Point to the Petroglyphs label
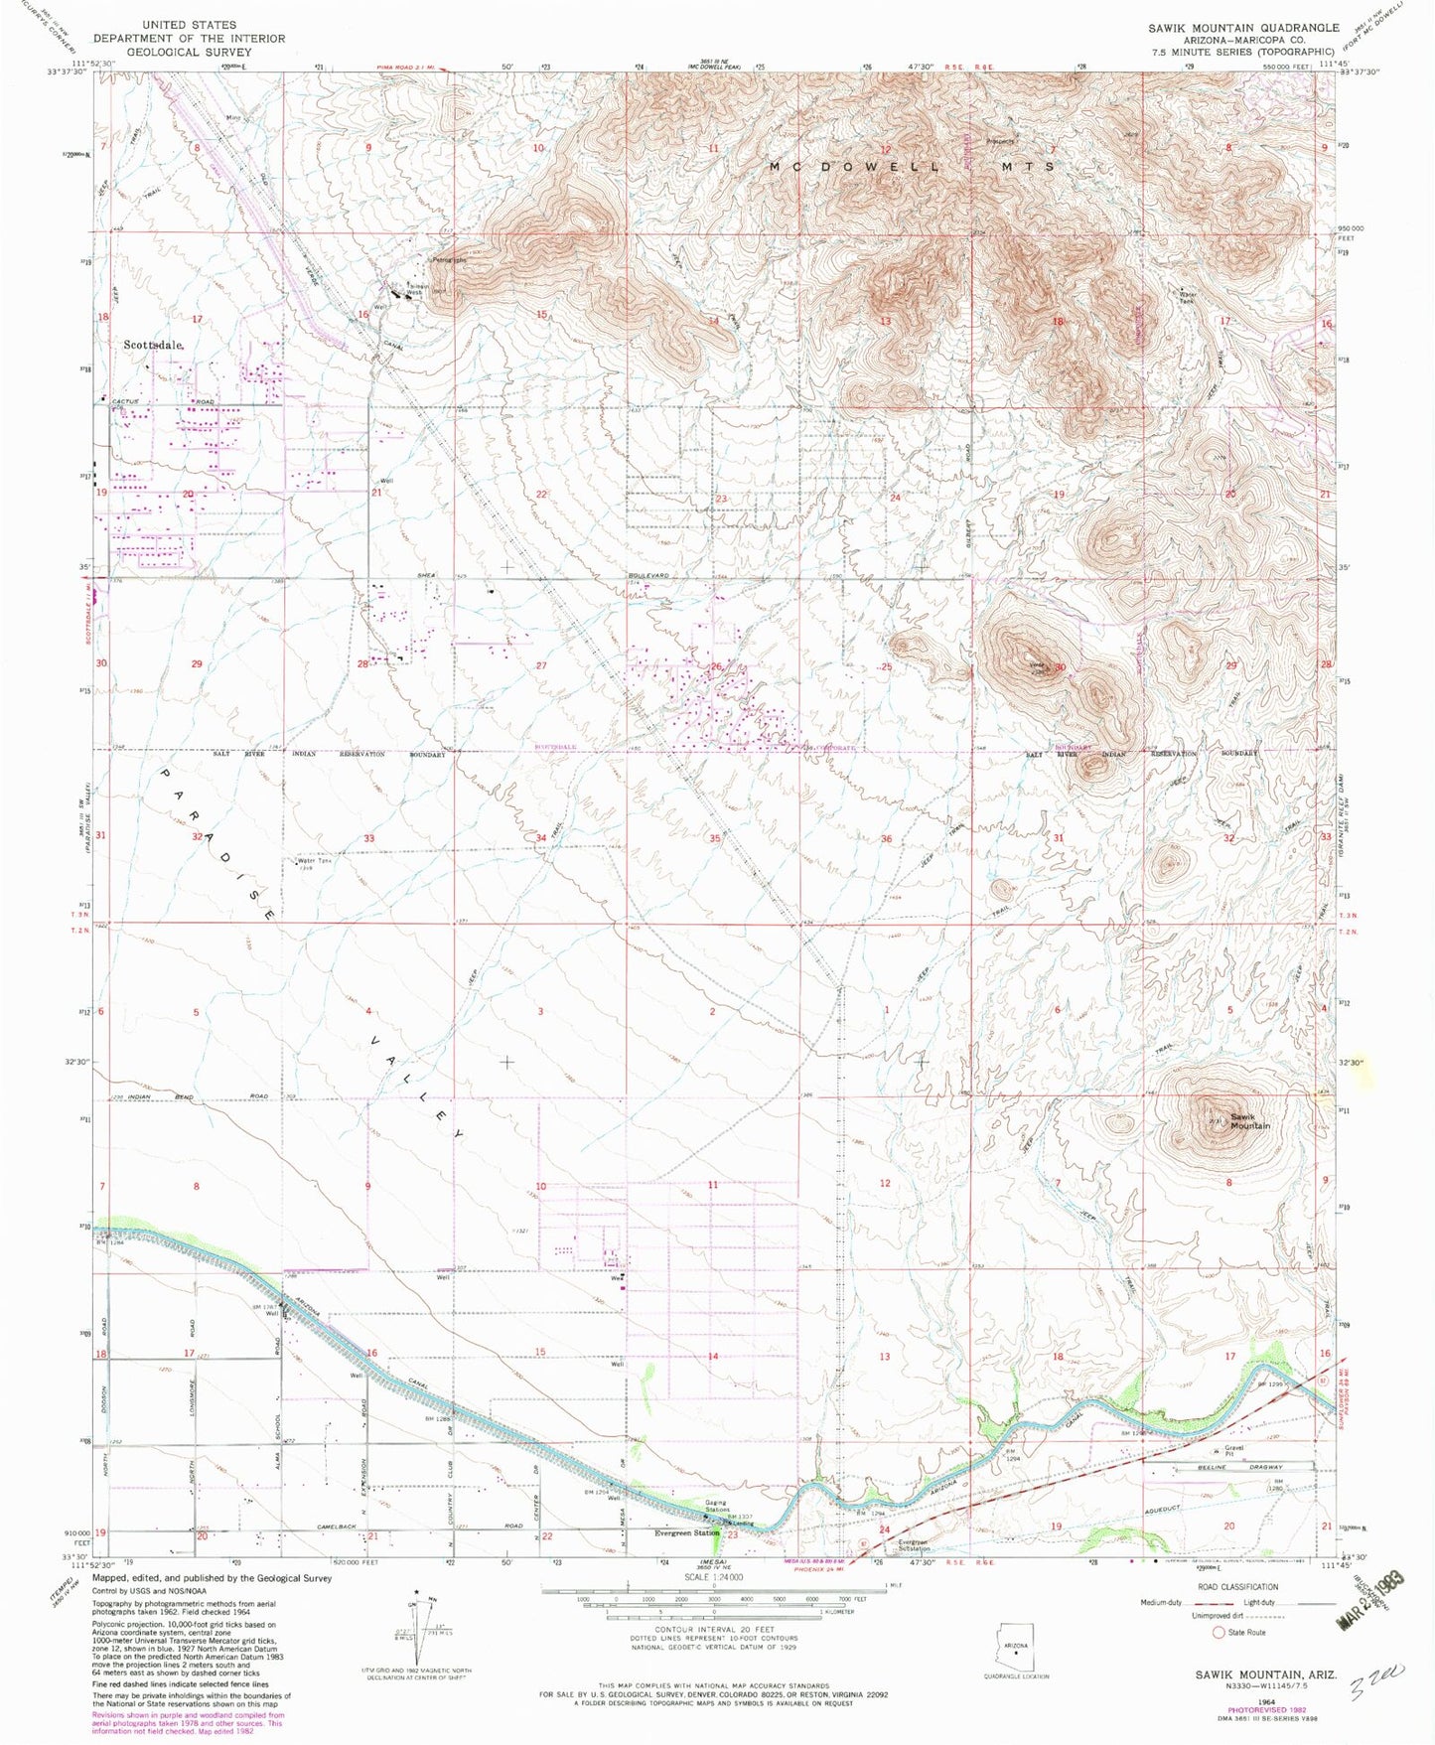pos(448,260)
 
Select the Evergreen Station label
pos(686,1533)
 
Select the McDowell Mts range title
pos(913,167)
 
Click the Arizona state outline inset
pos(1015,1651)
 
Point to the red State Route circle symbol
pos(1219,1632)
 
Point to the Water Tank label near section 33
pos(311,861)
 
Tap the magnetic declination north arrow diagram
pos(418,1630)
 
